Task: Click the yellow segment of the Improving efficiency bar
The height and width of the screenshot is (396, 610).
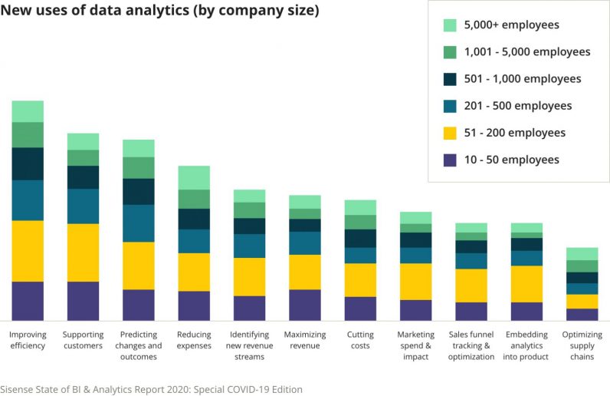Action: (28, 251)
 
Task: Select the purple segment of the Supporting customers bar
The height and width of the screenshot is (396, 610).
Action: (83, 301)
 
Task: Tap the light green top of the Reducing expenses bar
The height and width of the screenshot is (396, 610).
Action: (194, 177)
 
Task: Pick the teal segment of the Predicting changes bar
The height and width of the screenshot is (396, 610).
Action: (139, 223)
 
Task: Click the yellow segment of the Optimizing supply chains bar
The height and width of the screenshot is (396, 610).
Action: (582, 302)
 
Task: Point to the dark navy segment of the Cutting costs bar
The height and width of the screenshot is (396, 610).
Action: (360, 238)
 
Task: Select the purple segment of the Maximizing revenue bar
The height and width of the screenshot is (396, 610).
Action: (305, 305)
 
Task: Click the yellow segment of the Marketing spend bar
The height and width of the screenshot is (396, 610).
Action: (415, 282)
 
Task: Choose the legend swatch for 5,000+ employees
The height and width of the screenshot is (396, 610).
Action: (451, 25)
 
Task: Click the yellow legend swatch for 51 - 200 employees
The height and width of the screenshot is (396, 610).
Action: (451, 133)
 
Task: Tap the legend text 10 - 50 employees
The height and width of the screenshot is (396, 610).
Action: (511, 160)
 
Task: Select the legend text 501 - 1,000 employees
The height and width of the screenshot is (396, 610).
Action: (523, 79)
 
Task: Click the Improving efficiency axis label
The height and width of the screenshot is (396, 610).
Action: (28, 340)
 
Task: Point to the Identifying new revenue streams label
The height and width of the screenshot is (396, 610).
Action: (249, 345)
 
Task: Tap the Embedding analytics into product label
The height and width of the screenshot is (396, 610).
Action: (526, 345)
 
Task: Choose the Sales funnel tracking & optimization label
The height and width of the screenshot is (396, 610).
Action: (471, 345)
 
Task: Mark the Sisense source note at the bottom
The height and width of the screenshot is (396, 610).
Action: (151, 389)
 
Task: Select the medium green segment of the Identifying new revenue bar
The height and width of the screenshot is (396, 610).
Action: (249, 210)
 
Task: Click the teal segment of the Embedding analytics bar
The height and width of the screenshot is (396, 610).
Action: (526, 258)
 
